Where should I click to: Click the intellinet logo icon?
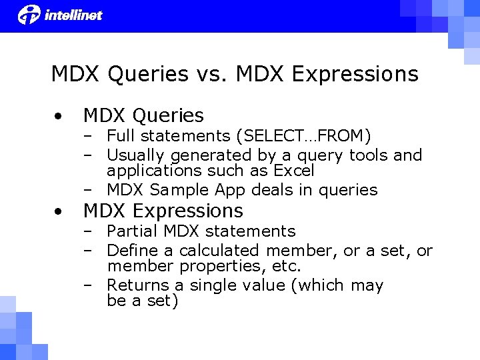29,14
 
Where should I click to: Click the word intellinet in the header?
73,15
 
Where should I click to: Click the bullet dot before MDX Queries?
59,116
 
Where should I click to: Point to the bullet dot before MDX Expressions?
59,211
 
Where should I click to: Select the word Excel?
290,171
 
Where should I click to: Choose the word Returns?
135,285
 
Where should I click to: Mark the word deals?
272,190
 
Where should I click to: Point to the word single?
218,286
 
